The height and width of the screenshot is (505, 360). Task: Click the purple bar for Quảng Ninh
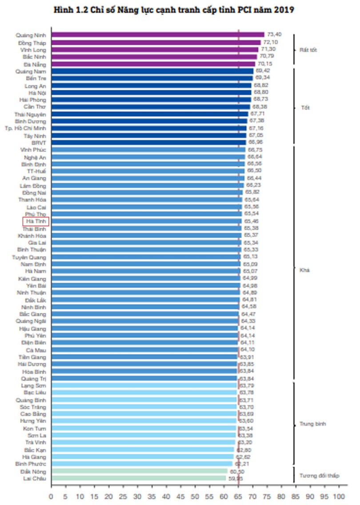[x=158, y=35]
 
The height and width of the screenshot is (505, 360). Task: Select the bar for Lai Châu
[x=139, y=478]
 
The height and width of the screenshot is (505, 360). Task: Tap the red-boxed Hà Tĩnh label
[x=36, y=221]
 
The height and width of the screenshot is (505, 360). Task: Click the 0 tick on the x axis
[x=51, y=497]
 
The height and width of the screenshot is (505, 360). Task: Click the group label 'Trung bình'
[x=312, y=424]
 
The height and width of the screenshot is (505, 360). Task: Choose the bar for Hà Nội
[x=152, y=92]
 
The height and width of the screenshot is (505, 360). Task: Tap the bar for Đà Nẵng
[x=153, y=64]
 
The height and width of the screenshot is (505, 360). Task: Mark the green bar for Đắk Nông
[x=140, y=471]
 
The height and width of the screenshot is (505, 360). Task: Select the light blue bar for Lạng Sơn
[x=144, y=385]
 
